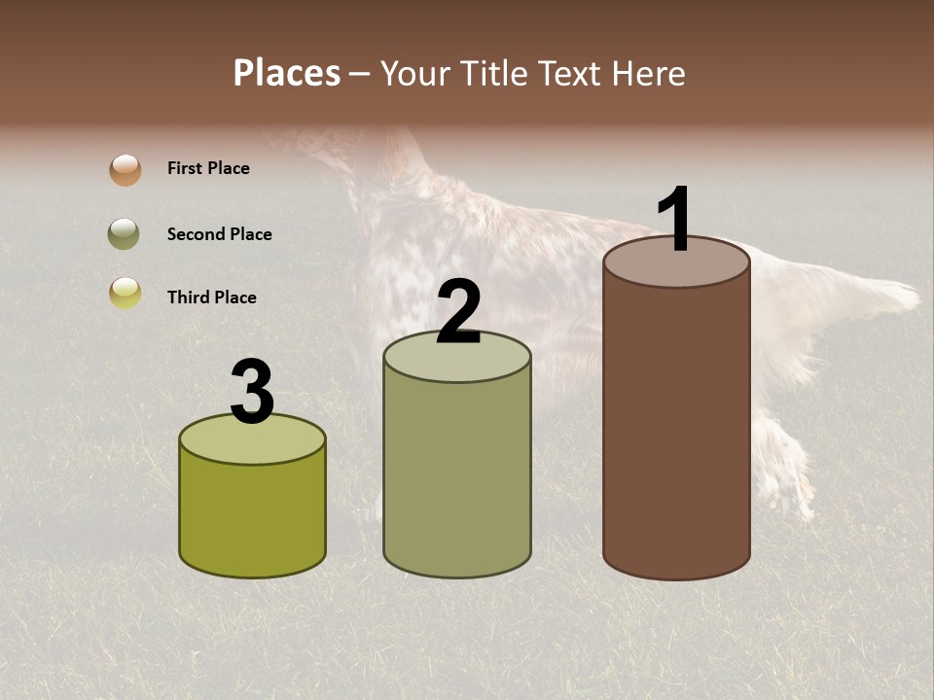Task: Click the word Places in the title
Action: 287,73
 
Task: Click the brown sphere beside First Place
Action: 126,170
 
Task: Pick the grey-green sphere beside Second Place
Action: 126,234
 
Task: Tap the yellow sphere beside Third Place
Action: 126,293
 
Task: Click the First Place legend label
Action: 208,168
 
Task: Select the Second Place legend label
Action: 219,234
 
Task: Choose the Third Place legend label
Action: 211,297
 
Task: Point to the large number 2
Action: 458,313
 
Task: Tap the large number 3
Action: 253,393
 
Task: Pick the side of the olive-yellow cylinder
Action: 253,515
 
